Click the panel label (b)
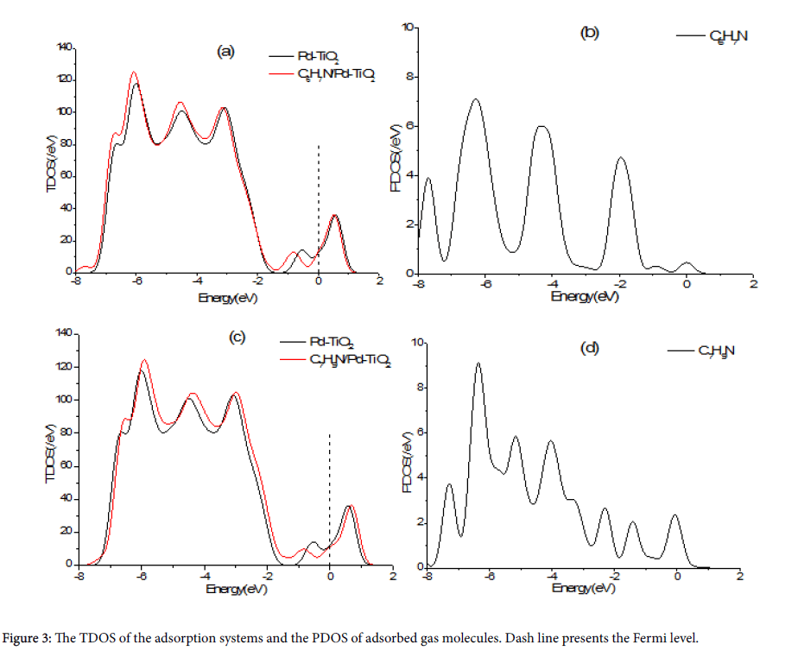tap(589, 34)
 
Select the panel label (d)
tap(591, 349)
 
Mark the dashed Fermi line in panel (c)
tap(330, 492)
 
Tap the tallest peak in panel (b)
tap(475, 99)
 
